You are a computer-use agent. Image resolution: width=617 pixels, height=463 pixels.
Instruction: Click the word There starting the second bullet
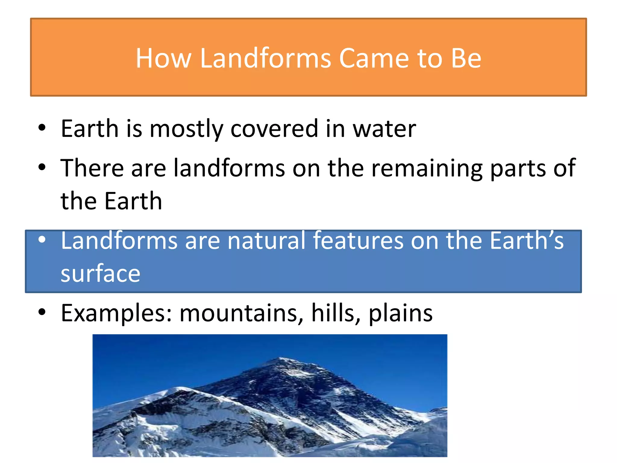click(x=92, y=168)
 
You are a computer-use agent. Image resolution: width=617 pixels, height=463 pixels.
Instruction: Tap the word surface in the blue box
click(x=100, y=273)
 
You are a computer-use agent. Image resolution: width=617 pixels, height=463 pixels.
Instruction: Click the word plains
click(x=400, y=313)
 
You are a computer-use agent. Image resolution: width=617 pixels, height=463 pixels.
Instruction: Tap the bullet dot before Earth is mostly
click(x=42, y=128)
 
